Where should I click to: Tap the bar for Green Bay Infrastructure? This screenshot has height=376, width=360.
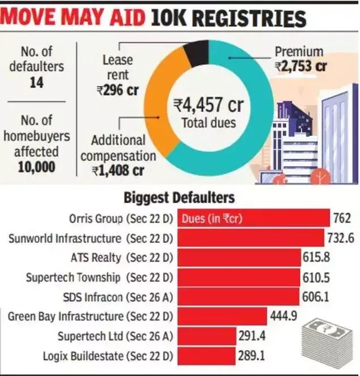221,316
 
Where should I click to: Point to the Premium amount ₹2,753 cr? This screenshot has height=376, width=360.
301,66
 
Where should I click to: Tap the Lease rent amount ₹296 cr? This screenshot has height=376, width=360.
118,90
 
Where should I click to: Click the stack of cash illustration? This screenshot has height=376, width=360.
328,340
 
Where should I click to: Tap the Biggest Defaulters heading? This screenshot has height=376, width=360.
179,198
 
